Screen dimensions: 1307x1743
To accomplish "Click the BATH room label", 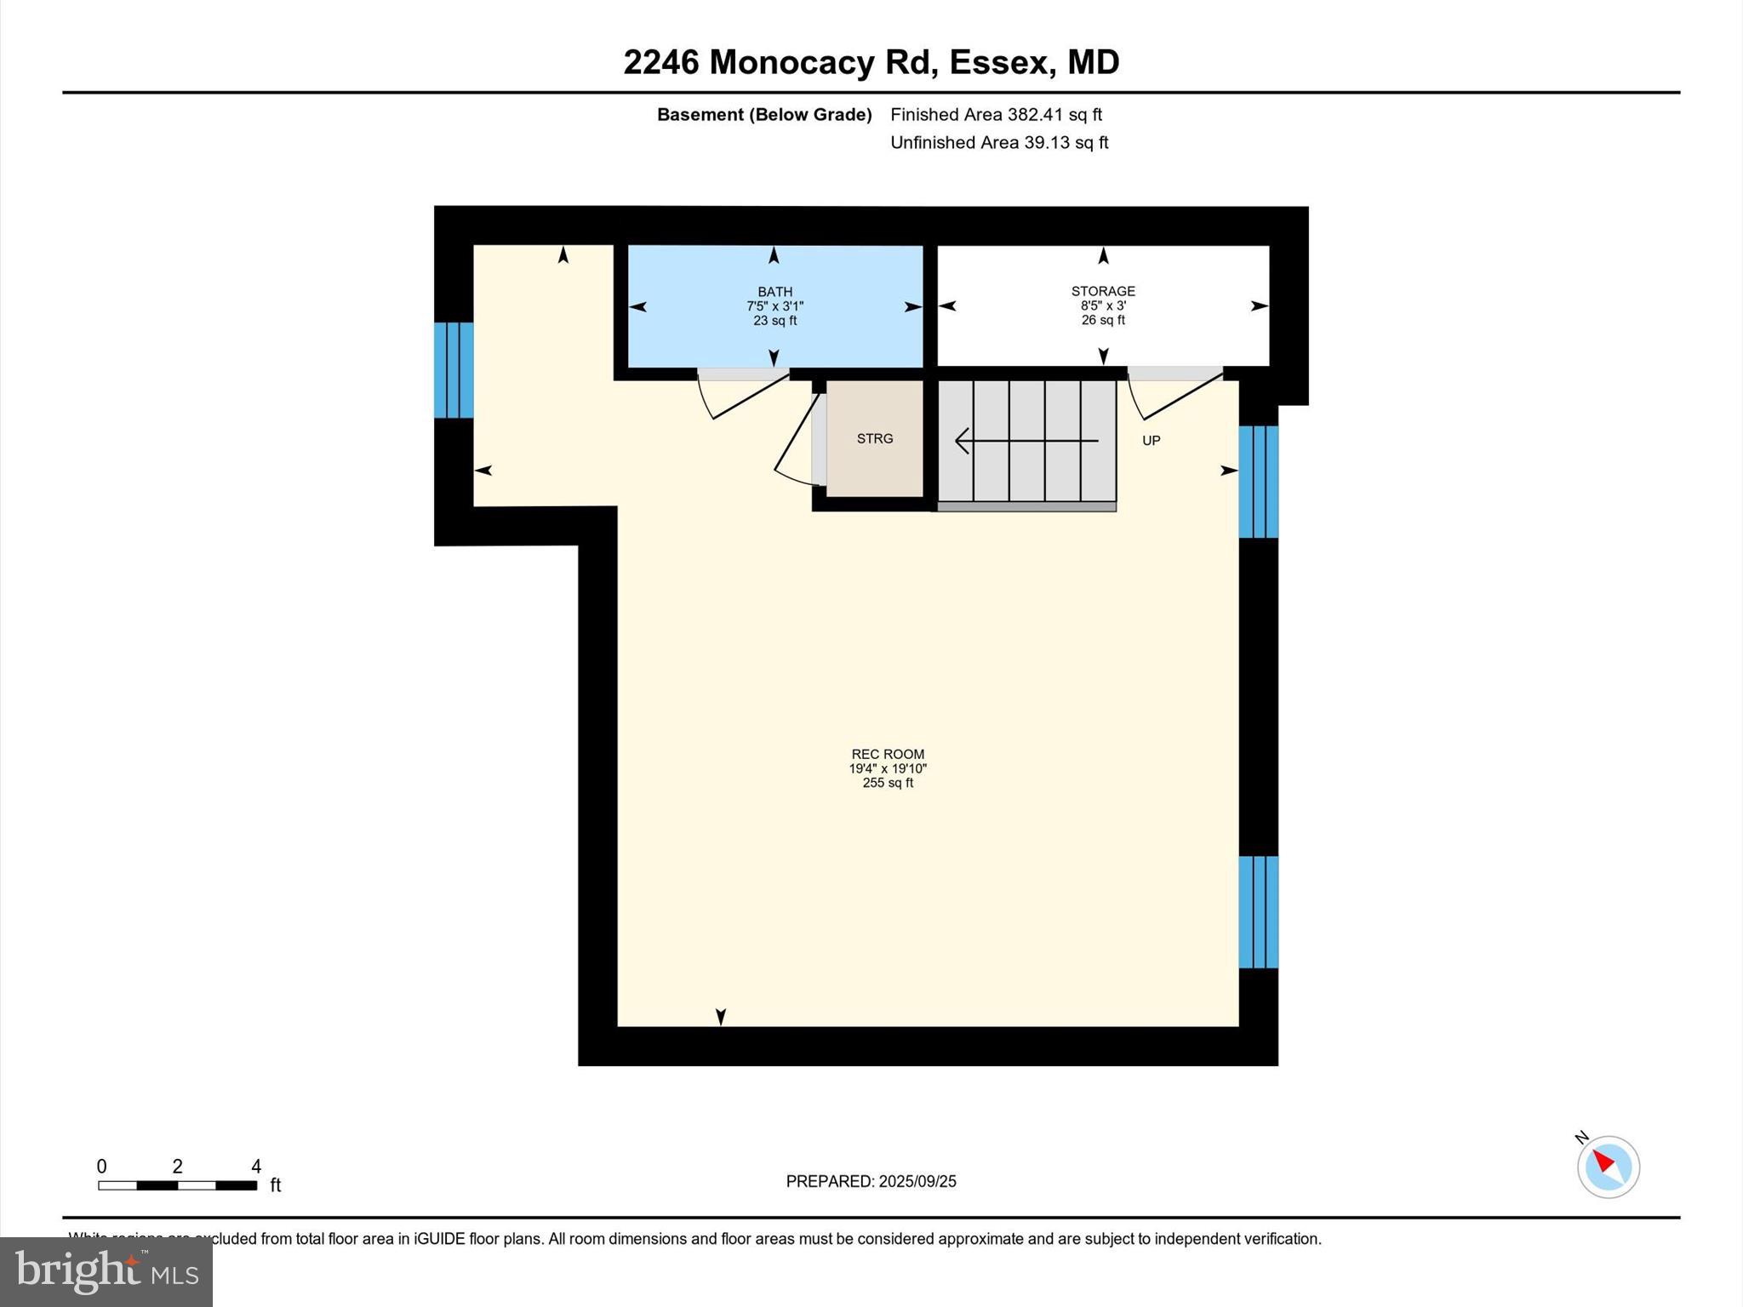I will (x=774, y=292).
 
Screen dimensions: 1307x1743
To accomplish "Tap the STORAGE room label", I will (x=1103, y=291).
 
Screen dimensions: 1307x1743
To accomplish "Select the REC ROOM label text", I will (x=888, y=754).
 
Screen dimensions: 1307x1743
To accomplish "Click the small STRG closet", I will (x=875, y=439).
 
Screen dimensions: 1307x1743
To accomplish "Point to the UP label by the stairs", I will (x=1151, y=441).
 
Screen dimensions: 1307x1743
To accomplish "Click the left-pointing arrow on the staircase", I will (x=1026, y=441).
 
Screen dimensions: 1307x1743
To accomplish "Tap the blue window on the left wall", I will (x=454, y=370).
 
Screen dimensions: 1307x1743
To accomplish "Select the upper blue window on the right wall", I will (x=1258, y=482).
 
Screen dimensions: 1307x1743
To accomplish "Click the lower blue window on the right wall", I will (x=1258, y=912).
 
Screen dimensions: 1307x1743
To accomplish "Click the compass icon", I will (x=1608, y=1167).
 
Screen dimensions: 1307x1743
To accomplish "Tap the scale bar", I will (x=177, y=1184).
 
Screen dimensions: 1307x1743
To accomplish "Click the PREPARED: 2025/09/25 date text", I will (x=871, y=1181).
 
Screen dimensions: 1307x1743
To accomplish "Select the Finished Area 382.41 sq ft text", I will (x=996, y=114).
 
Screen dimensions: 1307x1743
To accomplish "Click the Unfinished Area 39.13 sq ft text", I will (x=999, y=142).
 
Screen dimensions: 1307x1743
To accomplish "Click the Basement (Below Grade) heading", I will (x=763, y=114).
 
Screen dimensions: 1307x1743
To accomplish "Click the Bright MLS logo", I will (x=106, y=1271).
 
